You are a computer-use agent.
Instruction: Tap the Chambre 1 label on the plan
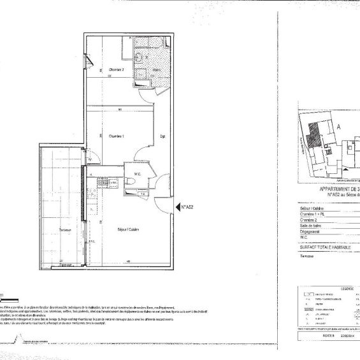pyautogui.click(x=116, y=136)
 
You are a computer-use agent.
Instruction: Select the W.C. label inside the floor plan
pyautogui.click(x=136, y=173)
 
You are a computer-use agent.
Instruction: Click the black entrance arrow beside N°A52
pyautogui.click(x=176, y=206)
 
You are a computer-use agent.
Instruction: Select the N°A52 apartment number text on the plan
pyautogui.click(x=187, y=206)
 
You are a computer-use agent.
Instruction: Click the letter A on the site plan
pyautogui.click(x=338, y=127)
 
